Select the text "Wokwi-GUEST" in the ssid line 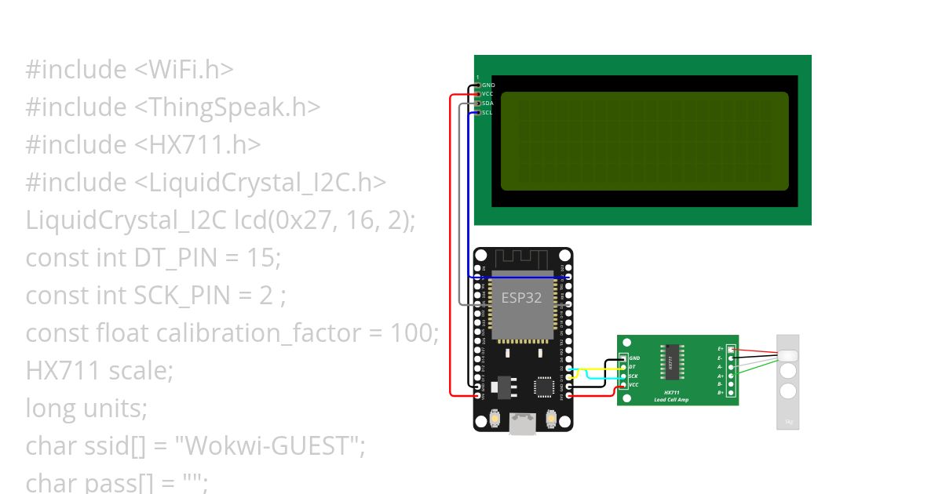click(x=269, y=446)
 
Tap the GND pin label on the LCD click(x=488, y=85)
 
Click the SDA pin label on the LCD click(x=487, y=104)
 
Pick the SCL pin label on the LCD click(x=487, y=113)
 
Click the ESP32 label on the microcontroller click(x=521, y=298)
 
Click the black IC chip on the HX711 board click(x=671, y=362)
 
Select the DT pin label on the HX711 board click(x=632, y=367)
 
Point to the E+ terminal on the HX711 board click(x=721, y=349)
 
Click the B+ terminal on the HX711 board click(x=721, y=392)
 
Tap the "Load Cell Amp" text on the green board click(x=671, y=400)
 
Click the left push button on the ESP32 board click(x=495, y=419)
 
